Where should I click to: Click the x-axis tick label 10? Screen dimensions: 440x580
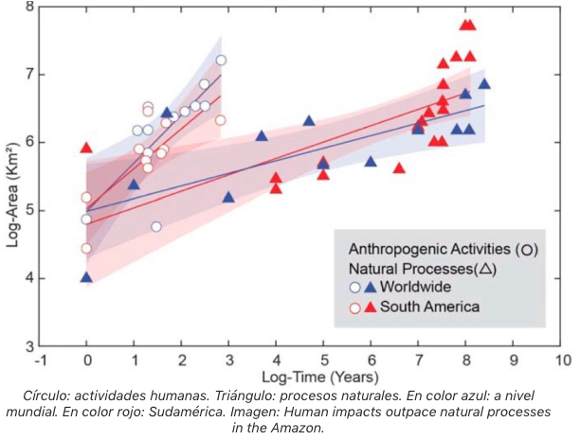pyautogui.click(x=562, y=361)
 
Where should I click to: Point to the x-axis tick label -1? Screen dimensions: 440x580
pyautogui.click(x=39, y=361)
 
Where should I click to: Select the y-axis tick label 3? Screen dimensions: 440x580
pyautogui.click(x=28, y=345)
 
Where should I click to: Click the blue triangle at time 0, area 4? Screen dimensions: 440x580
pyautogui.click(x=86, y=277)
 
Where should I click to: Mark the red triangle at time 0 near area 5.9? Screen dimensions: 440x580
pyautogui.click(x=86, y=148)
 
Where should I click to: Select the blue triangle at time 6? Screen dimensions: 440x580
pyautogui.click(x=371, y=162)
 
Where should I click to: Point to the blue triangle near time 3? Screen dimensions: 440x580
pyautogui.click(x=228, y=197)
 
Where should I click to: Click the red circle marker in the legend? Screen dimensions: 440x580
pyautogui.click(x=355, y=307)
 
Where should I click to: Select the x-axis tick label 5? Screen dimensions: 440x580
pyautogui.click(x=323, y=361)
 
